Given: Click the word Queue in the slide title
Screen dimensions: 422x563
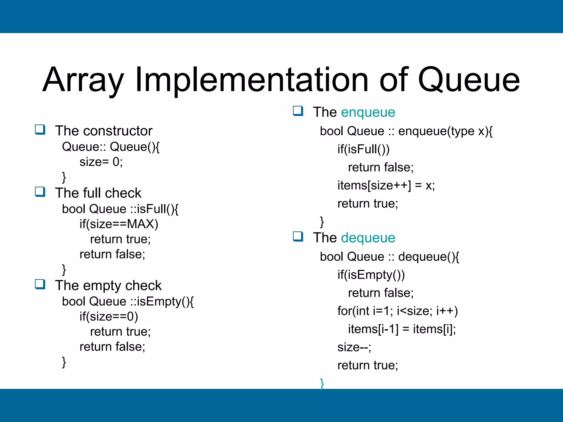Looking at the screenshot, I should pyautogui.click(x=469, y=80).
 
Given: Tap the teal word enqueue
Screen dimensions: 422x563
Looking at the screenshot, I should pyautogui.click(x=368, y=112).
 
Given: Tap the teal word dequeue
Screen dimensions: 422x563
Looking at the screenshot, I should pyautogui.click(x=368, y=238).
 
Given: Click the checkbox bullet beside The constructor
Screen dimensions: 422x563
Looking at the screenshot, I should pyautogui.click(x=40, y=130).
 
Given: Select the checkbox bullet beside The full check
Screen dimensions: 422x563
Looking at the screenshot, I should pyautogui.click(x=40, y=192).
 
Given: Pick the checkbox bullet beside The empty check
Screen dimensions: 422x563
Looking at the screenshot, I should pyautogui.click(x=40, y=284).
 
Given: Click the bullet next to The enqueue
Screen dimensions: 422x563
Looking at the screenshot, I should pyautogui.click(x=298, y=111).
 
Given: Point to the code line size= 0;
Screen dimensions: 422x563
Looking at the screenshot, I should pyautogui.click(x=101, y=162).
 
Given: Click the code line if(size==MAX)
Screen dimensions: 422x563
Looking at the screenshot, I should pyautogui.click(x=119, y=224).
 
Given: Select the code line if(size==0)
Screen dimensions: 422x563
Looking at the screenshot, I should pyautogui.click(x=109, y=316).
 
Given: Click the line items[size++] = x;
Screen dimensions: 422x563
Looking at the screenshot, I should pyautogui.click(x=386, y=185).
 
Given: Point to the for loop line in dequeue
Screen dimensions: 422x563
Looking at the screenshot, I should pyautogui.click(x=398, y=311).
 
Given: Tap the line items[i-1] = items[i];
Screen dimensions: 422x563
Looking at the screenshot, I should pyautogui.click(x=402, y=329).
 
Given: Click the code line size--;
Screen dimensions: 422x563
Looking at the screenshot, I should pyautogui.click(x=354, y=347).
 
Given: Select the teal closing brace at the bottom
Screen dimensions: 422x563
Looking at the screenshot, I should pyautogui.click(x=322, y=383).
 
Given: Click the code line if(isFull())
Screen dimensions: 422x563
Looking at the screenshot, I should pyautogui.click(x=363, y=149).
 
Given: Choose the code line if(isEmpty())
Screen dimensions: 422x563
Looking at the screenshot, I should pyautogui.click(x=371, y=275).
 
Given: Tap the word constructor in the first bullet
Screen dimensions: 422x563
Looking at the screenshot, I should pyautogui.click(x=118, y=131).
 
